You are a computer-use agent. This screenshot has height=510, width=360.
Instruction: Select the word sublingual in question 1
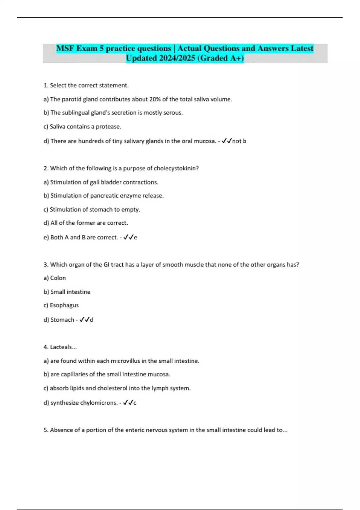[76, 113]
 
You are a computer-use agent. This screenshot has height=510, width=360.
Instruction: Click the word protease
[108, 127]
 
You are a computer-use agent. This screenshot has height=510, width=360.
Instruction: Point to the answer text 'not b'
[239, 141]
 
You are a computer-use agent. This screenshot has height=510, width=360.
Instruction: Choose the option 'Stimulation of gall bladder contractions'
[104, 182]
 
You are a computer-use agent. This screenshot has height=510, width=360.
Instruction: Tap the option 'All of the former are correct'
[89, 223]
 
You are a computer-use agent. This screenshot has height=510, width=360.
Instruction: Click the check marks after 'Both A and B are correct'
[128, 237]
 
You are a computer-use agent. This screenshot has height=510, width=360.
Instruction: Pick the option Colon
[58, 278]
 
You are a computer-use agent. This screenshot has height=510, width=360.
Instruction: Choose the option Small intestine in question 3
[70, 292]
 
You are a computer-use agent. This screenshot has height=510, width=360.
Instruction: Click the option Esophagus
[64, 305]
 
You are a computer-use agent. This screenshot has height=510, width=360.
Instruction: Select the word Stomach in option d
[62, 320]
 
